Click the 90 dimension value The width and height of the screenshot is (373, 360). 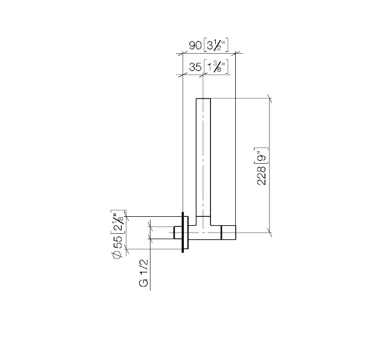click(195, 45)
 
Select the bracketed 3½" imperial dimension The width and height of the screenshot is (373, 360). click(216, 45)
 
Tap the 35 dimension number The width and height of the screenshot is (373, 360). click(195, 67)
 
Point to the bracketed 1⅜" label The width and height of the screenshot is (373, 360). click(216, 67)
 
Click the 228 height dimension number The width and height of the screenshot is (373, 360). click(261, 175)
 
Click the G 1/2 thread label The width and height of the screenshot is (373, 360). click(143, 273)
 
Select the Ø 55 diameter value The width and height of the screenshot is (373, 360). click(118, 246)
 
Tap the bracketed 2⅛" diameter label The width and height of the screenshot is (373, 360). click(118, 222)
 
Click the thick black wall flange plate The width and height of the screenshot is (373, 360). click(183, 232)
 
